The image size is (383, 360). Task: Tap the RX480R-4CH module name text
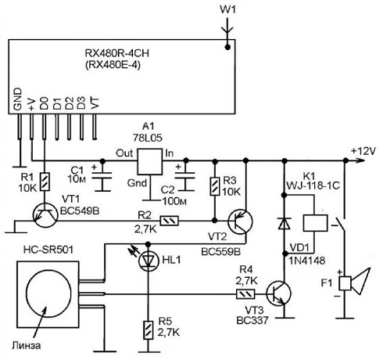click(x=117, y=53)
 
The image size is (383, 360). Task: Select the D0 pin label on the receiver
click(x=44, y=103)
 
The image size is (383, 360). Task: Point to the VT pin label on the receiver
click(x=95, y=103)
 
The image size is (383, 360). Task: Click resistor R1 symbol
click(x=45, y=182)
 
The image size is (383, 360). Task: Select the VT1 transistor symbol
click(x=45, y=215)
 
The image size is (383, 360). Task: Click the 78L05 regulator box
click(x=149, y=162)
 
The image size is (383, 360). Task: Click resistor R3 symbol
click(x=215, y=186)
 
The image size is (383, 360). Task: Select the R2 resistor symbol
click(x=169, y=221)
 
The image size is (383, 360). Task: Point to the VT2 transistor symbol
click(x=240, y=221)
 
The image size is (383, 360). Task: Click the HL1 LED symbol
click(x=148, y=261)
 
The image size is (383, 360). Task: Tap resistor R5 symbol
click(x=148, y=330)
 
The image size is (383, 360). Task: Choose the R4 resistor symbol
click(x=245, y=294)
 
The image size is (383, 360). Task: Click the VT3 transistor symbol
click(x=278, y=293)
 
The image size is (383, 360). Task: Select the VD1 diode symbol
click(x=285, y=224)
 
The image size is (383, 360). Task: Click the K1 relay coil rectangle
click(x=315, y=223)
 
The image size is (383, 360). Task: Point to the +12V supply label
click(x=363, y=151)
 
